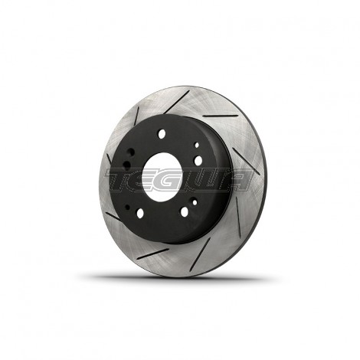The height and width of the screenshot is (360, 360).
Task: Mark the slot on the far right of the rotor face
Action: click(249, 165)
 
